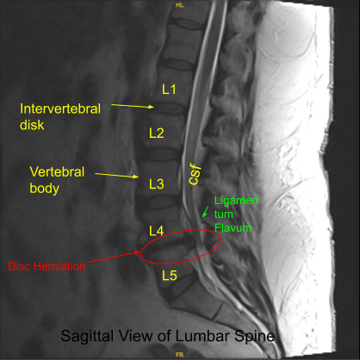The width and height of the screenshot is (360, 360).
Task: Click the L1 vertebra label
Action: tap(169, 90)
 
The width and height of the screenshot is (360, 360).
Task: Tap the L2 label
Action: tap(157, 133)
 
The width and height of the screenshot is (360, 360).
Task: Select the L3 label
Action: tap(157, 183)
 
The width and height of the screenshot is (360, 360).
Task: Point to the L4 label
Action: tap(157, 231)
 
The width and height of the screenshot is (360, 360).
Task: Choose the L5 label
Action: tap(170, 276)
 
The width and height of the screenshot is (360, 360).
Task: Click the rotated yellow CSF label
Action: tap(195, 174)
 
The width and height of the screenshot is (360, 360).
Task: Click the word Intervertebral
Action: tap(60, 109)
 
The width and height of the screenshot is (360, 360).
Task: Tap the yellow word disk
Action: tap(32, 125)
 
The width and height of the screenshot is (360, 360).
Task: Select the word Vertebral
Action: tap(57, 172)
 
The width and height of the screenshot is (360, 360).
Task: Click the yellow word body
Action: tap(45, 189)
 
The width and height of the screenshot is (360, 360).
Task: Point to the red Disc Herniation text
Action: tap(47, 266)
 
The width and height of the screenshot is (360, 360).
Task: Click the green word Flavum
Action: tap(233, 228)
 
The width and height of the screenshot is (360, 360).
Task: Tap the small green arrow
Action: tap(205, 212)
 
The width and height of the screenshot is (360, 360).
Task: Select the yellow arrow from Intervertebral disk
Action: tap(133, 106)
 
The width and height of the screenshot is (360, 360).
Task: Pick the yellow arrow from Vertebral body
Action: tap(116, 175)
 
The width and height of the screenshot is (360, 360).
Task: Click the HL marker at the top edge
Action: tap(180, 5)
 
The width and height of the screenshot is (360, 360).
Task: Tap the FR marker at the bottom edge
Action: tap(180, 355)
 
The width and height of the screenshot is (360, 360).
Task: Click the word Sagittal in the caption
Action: tap(87, 336)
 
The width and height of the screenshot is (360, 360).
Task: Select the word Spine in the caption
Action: tap(254, 336)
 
